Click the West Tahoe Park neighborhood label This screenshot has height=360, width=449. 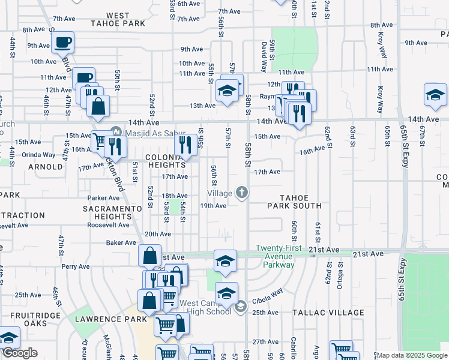[x=118, y=19]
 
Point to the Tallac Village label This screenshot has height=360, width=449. [x=328, y=313]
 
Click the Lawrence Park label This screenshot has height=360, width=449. [x=110, y=319]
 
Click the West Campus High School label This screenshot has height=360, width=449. [x=205, y=307]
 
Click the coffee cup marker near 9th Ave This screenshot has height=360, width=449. [x=62, y=43]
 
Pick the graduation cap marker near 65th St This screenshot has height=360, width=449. [x=436, y=95]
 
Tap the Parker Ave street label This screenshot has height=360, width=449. [x=103, y=197]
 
